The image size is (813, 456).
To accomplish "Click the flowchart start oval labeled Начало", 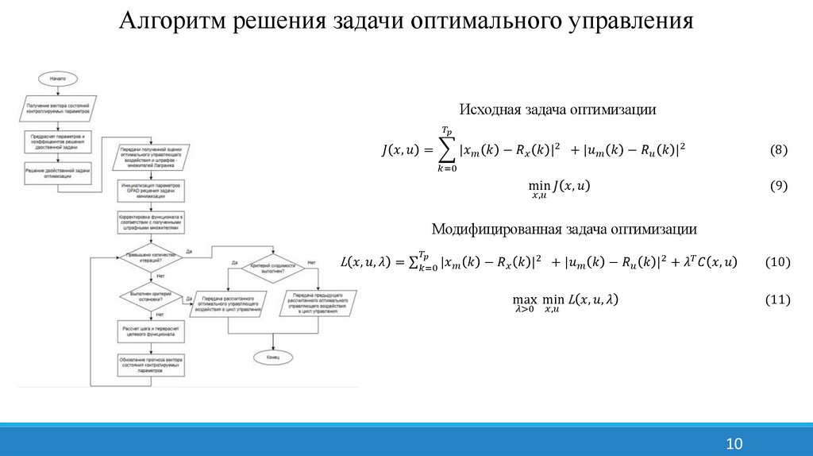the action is [57, 79].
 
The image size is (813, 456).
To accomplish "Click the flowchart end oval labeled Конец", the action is [272, 357].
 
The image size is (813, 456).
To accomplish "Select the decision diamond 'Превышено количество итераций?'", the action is [151, 257].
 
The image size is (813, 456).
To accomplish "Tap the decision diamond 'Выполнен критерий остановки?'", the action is [150, 297].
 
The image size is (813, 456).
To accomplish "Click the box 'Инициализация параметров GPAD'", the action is [151, 190].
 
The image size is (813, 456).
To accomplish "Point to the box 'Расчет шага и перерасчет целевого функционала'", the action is [151, 333].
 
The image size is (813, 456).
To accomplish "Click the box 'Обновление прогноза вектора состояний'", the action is [151, 368].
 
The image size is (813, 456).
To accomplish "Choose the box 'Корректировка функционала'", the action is [151, 222].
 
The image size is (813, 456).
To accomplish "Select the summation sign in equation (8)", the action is [447, 149].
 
